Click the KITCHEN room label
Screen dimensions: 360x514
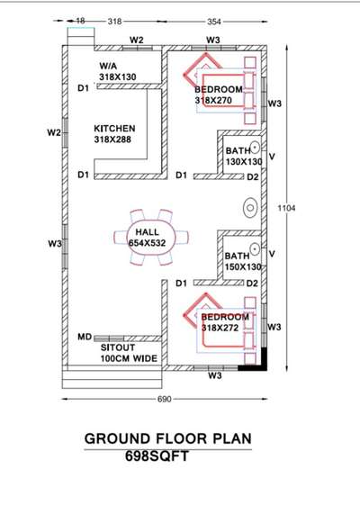pyautogui.click(x=114, y=128)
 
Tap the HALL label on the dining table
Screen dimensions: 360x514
pyautogui.click(x=148, y=232)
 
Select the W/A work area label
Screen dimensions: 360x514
pyautogui.click(x=108, y=66)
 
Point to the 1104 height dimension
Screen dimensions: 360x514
pyautogui.click(x=286, y=208)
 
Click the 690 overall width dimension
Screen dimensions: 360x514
pyautogui.click(x=165, y=399)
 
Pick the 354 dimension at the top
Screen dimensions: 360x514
pyautogui.click(x=214, y=22)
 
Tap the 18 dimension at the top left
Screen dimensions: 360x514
pyautogui.click(x=80, y=21)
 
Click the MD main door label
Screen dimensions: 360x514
pyautogui.click(x=85, y=337)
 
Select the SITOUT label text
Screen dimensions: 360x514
pyautogui.click(x=118, y=347)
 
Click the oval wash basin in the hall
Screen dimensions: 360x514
pyautogui.click(x=250, y=208)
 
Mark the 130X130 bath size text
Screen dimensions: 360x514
pyautogui.click(x=244, y=162)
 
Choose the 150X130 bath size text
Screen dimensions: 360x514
pyautogui.click(x=243, y=266)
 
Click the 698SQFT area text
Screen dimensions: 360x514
pyautogui.click(x=157, y=456)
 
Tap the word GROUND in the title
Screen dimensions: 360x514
pyautogui.click(x=117, y=438)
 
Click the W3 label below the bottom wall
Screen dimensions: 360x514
pyautogui.click(x=215, y=375)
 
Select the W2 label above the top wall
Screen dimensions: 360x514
pyautogui.click(x=137, y=40)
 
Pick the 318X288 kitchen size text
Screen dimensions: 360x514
pyautogui.click(x=112, y=140)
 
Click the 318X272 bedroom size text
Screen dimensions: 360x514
pyautogui.click(x=220, y=328)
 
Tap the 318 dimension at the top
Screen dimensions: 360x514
pyautogui.click(x=115, y=22)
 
